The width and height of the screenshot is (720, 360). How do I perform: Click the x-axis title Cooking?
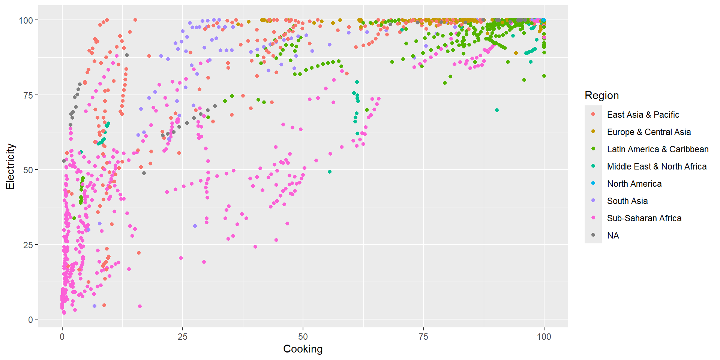(303, 349)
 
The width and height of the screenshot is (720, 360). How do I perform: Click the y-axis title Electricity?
(10, 166)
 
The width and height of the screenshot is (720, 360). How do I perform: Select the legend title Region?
(601, 95)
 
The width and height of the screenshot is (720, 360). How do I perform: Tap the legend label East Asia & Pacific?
(643, 115)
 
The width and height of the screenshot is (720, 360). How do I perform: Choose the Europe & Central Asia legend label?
(649, 132)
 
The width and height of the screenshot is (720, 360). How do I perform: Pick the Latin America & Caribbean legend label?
(658, 149)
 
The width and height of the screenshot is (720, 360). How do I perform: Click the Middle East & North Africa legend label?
(657, 166)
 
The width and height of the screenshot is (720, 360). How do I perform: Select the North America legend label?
(634, 184)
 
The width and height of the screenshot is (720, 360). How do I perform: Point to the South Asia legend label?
(627, 201)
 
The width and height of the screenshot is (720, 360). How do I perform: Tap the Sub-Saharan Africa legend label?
(644, 218)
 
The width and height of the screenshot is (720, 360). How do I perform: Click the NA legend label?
(613, 235)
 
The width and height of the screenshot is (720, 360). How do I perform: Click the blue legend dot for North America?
(593, 183)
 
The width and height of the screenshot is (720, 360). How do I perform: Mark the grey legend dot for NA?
(593, 235)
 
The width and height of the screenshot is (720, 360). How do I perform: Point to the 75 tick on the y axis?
(28, 95)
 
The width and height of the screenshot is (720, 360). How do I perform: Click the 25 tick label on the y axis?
(28, 245)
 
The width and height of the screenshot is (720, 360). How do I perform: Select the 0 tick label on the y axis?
(31, 320)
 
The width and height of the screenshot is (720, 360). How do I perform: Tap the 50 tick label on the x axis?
(303, 336)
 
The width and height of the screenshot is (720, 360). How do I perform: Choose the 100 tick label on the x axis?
(544, 336)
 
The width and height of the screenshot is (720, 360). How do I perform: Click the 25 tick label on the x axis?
(182, 336)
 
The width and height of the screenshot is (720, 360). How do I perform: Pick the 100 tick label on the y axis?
(26, 20)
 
